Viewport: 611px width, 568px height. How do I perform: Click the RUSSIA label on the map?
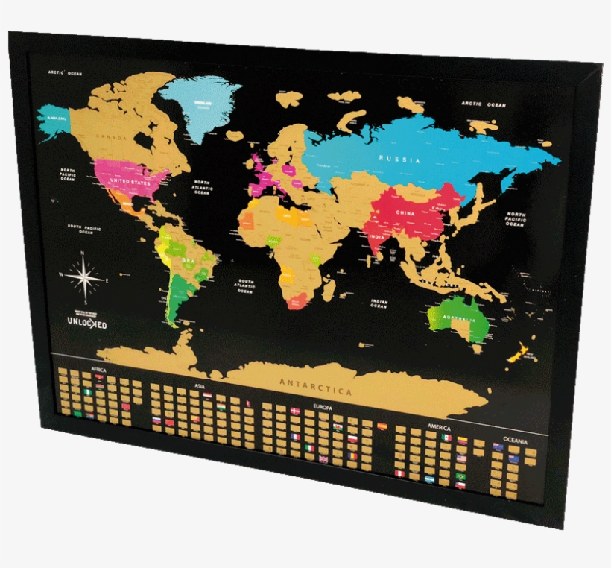pyautogui.click(x=399, y=159)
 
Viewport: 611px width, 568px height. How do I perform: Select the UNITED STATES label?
pyautogui.click(x=130, y=181)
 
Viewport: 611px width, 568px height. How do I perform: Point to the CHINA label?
pyautogui.click(x=405, y=212)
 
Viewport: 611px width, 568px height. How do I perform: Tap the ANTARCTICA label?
pyautogui.click(x=315, y=387)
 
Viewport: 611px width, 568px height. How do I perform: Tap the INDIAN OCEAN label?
pyautogui.click(x=379, y=303)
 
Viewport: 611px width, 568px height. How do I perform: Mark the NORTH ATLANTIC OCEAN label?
pyautogui.click(x=203, y=187)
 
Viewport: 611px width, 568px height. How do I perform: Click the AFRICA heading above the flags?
pyautogui.click(x=98, y=369)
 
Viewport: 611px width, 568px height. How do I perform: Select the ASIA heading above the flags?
pyautogui.click(x=200, y=385)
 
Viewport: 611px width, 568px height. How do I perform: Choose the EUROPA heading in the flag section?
pyautogui.click(x=323, y=408)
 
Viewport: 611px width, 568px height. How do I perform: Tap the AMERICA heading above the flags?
pyautogui.click(x=439, y=426)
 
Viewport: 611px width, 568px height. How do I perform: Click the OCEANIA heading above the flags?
pyautogui.click(x=516, y=441)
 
